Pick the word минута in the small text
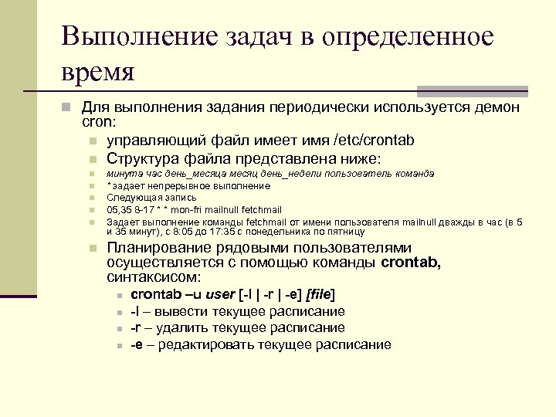point(120,173)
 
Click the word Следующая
point(131,197)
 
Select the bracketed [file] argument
point(321,294)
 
